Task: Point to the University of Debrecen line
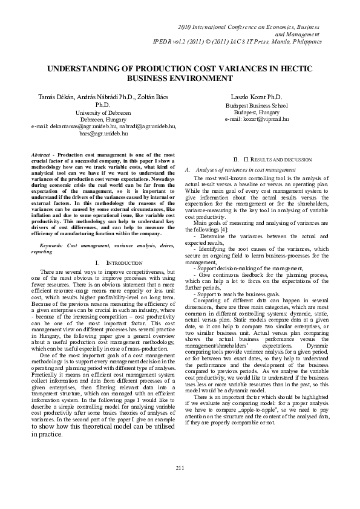pyautogui.click(x=103, y=112)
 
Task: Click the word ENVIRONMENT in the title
pyautogui.click(x=198, y=79)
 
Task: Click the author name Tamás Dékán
pyautogui.click(x=55, y=97)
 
